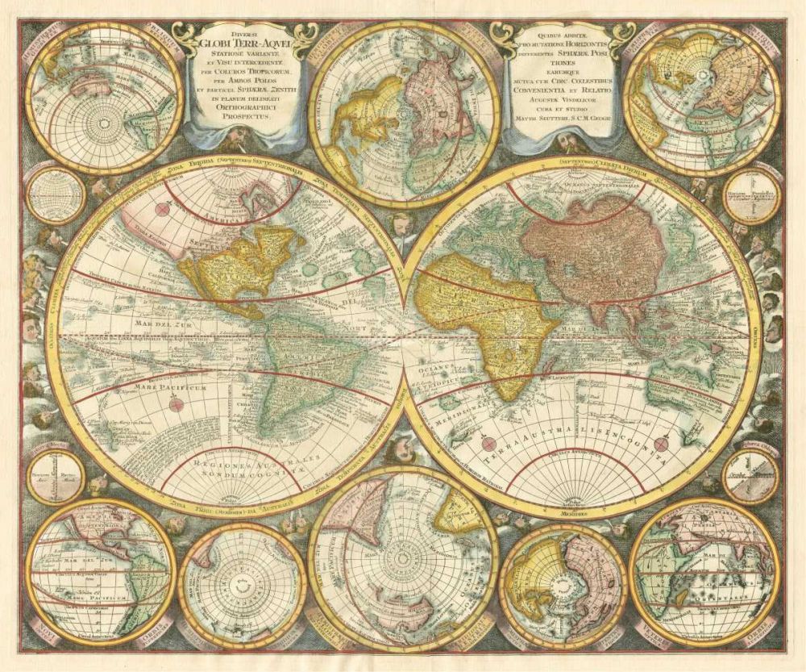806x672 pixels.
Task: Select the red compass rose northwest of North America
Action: click(163, 208)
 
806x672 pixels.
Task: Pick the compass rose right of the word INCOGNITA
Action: click(663, 444)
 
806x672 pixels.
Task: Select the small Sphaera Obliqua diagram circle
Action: click(750, 476)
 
